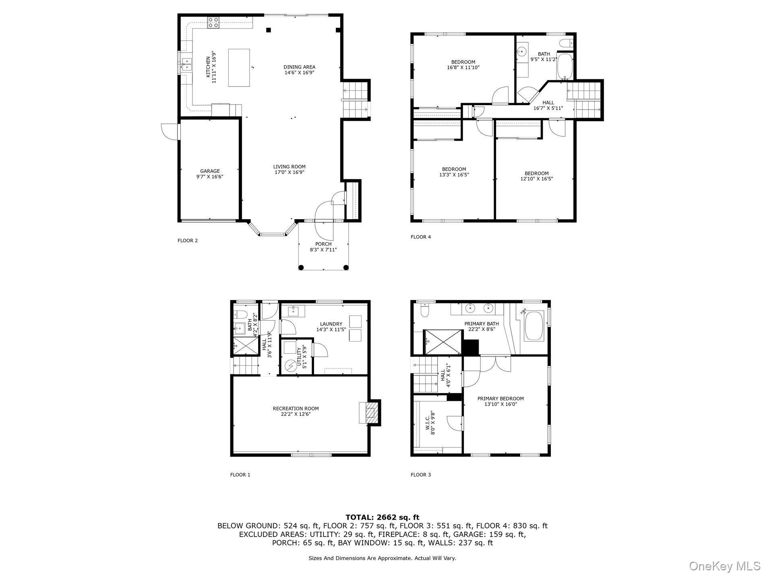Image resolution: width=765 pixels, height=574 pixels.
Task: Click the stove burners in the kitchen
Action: point(213,23)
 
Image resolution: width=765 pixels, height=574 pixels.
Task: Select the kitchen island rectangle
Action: point(239,67)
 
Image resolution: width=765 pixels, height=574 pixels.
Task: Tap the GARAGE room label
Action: point(210,174)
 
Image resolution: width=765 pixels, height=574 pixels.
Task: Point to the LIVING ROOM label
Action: point(289,169)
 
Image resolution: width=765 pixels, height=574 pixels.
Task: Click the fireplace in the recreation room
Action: point(370,412)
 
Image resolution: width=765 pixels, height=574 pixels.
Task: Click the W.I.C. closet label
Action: point(430,421)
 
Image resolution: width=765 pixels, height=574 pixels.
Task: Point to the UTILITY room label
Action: point(302,358)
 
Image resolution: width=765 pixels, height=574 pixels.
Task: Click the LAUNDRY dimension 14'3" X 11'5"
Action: point(331,329)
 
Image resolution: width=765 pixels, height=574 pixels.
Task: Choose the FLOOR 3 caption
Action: point(420,475)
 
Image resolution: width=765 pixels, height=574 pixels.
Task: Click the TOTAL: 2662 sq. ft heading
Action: point(382,517)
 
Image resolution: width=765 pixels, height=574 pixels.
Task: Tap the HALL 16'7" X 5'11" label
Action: point(548,105)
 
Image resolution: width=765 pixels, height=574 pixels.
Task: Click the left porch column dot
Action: point(301,267)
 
